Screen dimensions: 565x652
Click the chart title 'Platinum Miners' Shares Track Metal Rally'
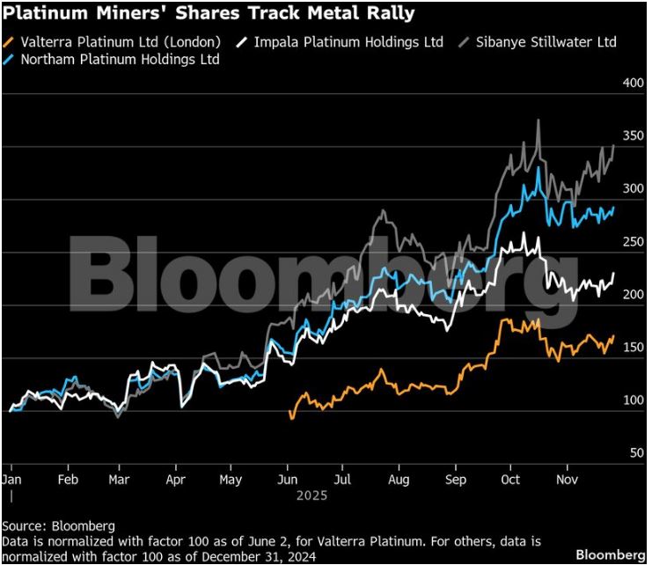(x=209, y=14)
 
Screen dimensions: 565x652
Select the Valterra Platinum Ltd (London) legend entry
(x=119, y=41)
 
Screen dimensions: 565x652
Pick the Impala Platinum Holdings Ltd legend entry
(x=348, y=41)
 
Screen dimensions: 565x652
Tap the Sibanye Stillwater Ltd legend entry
(x=544, y=41)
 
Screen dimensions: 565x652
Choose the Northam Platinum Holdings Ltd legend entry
(x=119, y=59)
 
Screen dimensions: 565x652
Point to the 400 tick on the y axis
(x=634, y=83)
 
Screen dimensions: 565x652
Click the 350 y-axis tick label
(x=634, y=136)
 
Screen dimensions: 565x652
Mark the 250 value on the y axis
(x=634, y=242)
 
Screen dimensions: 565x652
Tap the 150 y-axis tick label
(x=634, y=348)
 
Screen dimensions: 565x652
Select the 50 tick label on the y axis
(x=637, y=453)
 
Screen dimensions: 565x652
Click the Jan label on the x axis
(x=11, y=480)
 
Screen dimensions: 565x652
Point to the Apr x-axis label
(x=176, y=480)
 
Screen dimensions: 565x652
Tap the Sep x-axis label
(x=455, y=480)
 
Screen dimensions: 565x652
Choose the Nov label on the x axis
(x=566, y=480)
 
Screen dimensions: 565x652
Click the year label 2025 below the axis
(x=311, y=495)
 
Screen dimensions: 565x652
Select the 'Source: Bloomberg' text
(x=58, y=526)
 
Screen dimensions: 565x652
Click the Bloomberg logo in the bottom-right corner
(x=610, y=554)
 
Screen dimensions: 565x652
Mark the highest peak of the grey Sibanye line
(x=538, y=121)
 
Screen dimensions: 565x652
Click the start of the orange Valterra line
(x=290, y=412)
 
